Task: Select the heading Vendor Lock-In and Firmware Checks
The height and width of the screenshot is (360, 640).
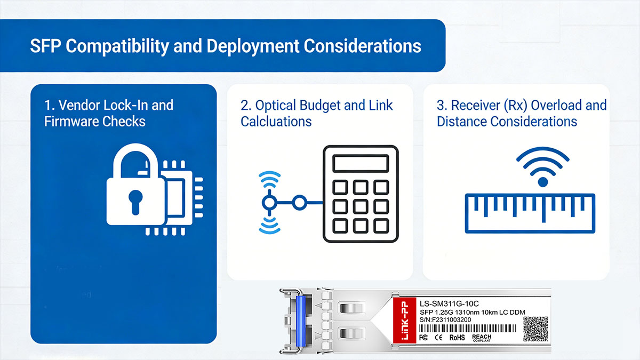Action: (108, 113)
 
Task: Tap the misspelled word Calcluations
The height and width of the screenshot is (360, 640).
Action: (276, 121)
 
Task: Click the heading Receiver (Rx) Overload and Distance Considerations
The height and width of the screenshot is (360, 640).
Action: (521, 113)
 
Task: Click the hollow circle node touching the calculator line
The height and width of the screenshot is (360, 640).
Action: (300, 203)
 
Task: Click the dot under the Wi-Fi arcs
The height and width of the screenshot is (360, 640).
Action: (542, 182)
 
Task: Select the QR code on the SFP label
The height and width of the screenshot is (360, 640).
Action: (535, 329)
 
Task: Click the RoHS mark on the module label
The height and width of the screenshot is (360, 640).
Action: (457, 338)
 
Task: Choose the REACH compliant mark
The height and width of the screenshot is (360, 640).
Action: (482, 338)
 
